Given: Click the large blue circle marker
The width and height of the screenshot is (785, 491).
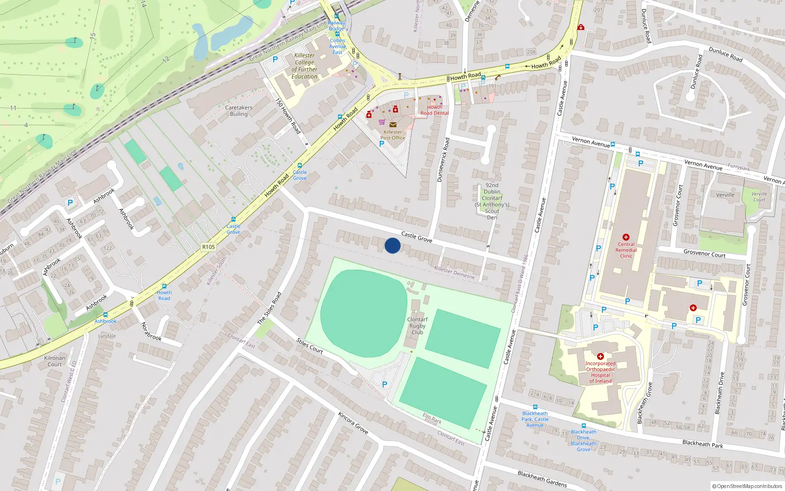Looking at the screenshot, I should [392, 245].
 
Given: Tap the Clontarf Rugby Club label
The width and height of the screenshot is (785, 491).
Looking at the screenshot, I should [418, 326].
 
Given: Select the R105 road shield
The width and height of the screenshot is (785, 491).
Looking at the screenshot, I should [209, 247].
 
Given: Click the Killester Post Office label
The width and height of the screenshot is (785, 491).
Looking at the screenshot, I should [392, 135].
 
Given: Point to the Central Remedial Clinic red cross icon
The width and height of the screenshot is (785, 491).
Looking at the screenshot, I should [626, 237].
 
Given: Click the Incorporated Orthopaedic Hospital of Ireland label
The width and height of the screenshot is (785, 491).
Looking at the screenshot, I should [600, 372].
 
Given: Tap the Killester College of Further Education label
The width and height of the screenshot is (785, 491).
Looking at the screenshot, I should [305, 66].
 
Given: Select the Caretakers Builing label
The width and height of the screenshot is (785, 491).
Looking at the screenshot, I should [239, 111].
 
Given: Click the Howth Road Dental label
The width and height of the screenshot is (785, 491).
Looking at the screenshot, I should [434, 110].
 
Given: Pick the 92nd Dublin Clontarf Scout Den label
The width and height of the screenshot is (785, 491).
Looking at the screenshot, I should [492, 201].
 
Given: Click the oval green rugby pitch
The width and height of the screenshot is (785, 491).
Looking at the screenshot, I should [364, 313].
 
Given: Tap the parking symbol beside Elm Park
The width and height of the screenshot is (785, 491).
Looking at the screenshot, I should [385, 384].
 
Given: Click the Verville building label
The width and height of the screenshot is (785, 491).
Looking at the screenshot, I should [725, 195].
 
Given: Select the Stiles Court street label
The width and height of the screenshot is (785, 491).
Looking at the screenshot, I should [310, 346].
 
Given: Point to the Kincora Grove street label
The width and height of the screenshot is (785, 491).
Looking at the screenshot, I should [353, 423].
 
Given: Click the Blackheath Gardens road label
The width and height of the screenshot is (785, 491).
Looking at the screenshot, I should [542, 479].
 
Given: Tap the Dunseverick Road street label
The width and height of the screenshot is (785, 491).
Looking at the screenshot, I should [443, 160].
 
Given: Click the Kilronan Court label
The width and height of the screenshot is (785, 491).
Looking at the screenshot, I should [54, 361].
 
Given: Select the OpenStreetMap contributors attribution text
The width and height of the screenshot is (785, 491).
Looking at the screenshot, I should [747, 486].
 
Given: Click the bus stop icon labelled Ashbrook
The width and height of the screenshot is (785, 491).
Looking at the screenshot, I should [105, 315].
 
